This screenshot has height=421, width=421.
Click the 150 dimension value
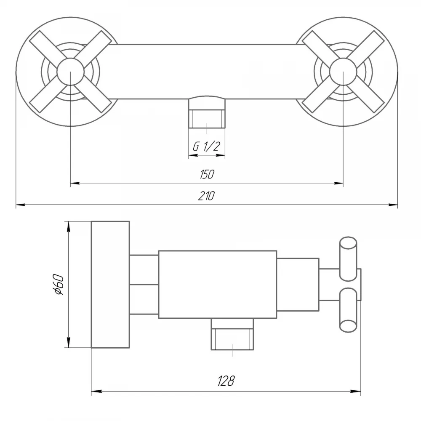click(207, 175)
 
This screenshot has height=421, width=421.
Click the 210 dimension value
click(206, 196)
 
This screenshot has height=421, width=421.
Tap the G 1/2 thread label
click(206, 147)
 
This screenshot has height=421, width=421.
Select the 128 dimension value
click(226, 381)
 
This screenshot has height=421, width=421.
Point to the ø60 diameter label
click(58, 285)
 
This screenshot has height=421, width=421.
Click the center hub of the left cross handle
click(70, 72)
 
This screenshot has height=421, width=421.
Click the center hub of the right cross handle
click(343, 72)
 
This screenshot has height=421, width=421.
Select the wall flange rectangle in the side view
click(110, 285)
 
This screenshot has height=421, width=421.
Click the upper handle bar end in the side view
click(348, 259)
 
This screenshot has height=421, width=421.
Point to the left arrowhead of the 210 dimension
click(21, 205)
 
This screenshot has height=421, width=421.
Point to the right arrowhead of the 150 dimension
click(338, 184)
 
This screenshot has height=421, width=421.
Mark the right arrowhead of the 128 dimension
click(356, 392)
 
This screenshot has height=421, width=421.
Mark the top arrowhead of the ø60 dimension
click(69, 226)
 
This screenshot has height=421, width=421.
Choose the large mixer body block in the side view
click(218, 285)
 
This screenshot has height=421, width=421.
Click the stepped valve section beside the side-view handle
click(298, 285)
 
